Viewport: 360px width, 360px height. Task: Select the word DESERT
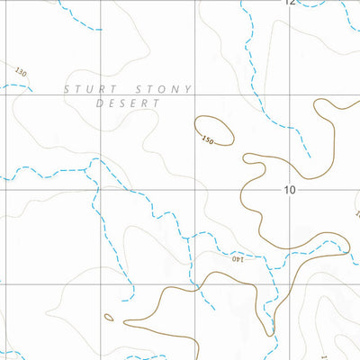pyautogui.click(x=127, y=103)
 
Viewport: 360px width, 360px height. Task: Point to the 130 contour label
pyautogui.click(x=21, y=71)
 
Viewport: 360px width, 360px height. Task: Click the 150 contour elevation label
pyautogui.click(x=209, y=140)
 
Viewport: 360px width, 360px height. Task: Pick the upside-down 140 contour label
pyautogui.click(x=238, y=259)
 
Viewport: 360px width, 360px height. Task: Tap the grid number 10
pyautogui.click(x=289, y=189)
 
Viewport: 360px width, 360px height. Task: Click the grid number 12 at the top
pyautogui.click(x=289, y=4)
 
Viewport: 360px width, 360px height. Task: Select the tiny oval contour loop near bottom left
pyautogui.click(x=109, y=317)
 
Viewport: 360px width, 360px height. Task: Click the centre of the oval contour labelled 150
pyautogui.click(x=215, y=130)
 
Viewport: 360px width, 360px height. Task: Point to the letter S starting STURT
pyautogui.click(x=67, y=88)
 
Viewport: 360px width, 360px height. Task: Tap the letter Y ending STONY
pyautogui.click(x=188, y=88)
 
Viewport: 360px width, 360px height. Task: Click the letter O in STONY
pyautogui.click(x=161, y=88)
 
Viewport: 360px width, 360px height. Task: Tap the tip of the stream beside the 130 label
pyautogui.click(x=32, y=91)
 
